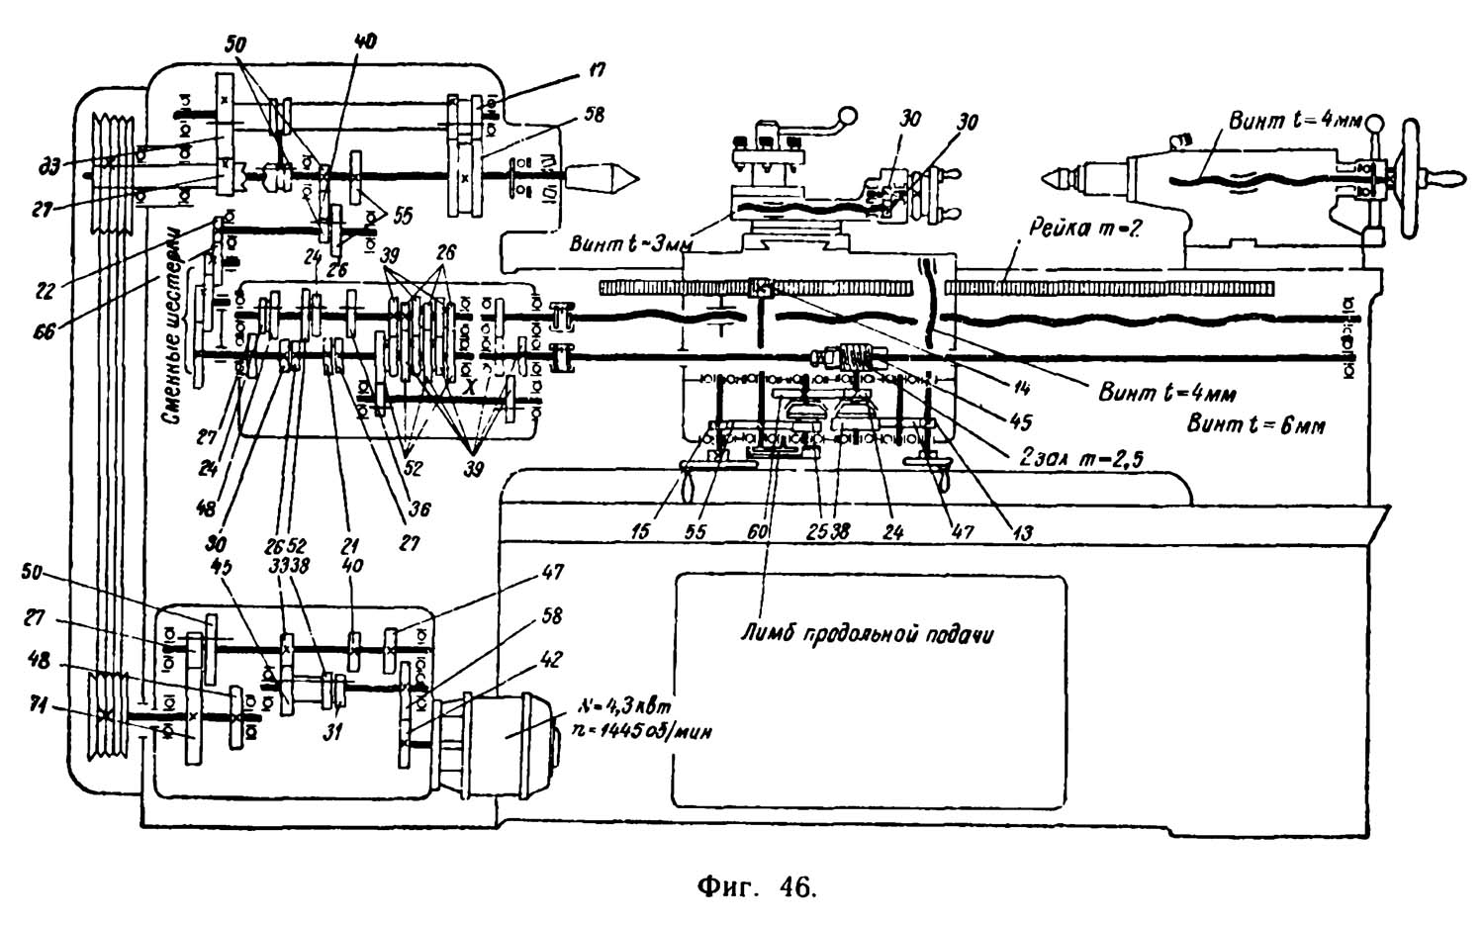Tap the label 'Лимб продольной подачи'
(867, 634)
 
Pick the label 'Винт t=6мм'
(1255, 425)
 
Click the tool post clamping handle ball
(847, 116)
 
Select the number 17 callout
(597, 70)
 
